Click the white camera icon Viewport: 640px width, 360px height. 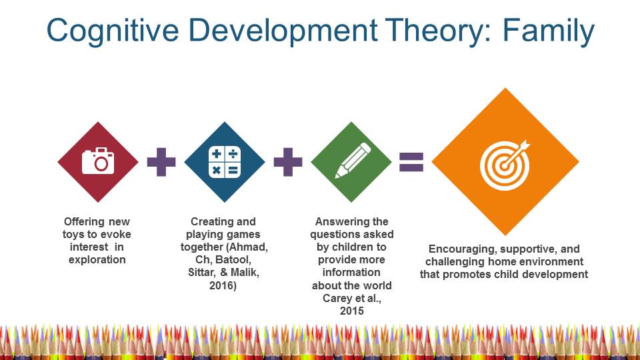pos(98,161)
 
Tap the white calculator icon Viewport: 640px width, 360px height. pos(225,162)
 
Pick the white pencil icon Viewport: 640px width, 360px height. pos(353,161)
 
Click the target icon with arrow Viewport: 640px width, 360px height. pos(505,165)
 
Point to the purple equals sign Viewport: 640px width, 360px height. pos(411,161)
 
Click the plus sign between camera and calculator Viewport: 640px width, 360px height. pos(161,162)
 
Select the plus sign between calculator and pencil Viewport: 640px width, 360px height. pos(288,162)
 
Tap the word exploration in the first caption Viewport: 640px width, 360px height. pos(97,259)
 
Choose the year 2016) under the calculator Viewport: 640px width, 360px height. pos(223,285)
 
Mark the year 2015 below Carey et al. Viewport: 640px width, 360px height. pos(352,311)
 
